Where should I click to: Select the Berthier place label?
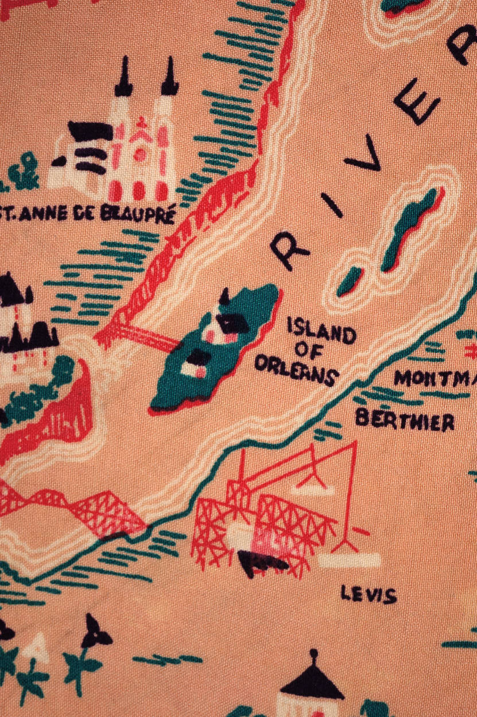coord(405,420)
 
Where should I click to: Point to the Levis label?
coord(369,594)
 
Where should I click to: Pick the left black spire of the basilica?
coord(123,77)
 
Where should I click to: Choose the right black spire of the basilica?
coord(169,77)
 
